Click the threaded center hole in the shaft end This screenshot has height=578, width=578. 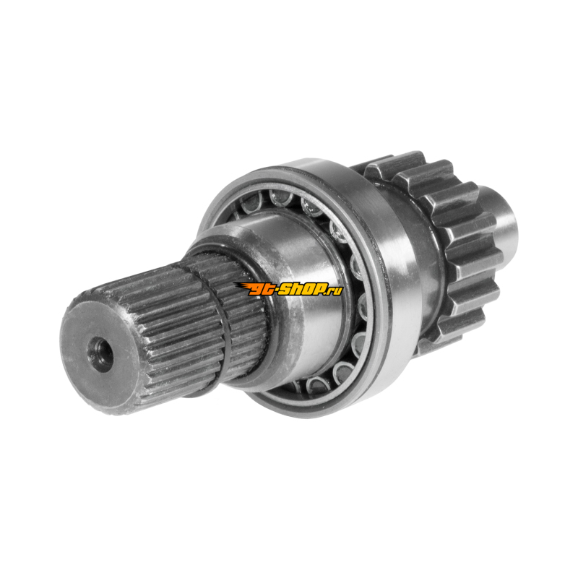point(100,354)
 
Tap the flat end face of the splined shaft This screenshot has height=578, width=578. point(100,355)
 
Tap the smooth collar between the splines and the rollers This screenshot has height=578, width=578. point(295,295)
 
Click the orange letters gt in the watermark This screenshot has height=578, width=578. point(262,290)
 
